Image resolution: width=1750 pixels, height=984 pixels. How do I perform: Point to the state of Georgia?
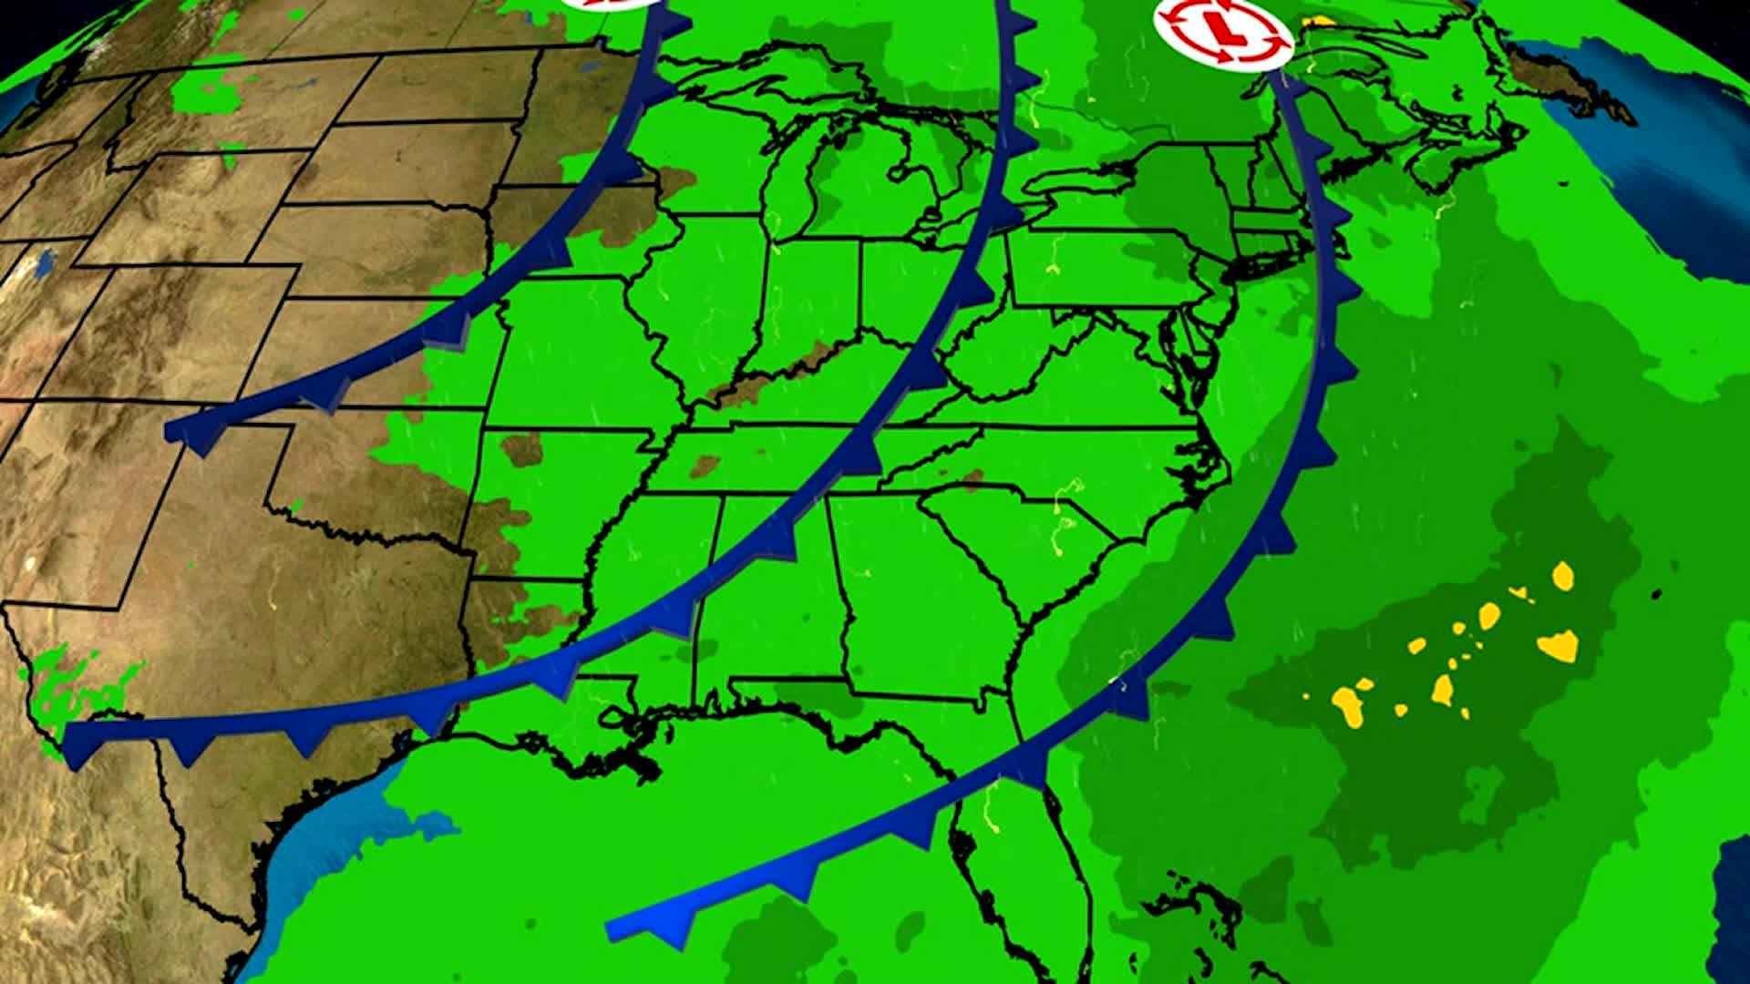pyautogui.click(x=921, y=592)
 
